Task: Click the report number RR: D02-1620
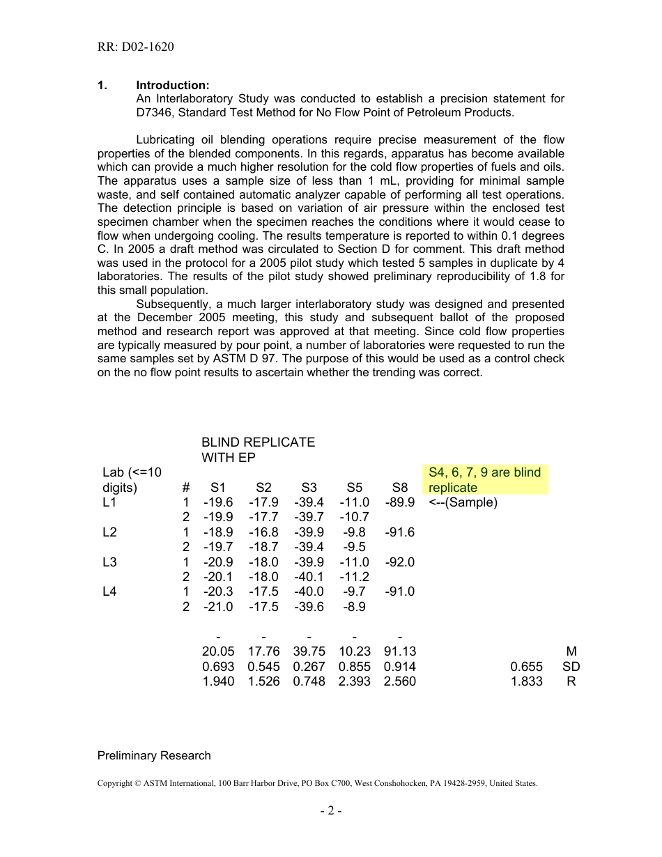pos(136,47)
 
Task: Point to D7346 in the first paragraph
pos(157,112)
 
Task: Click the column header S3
pos(309,488)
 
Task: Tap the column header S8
pos(399,488)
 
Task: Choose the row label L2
pos(109,532)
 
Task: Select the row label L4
pos(109,592)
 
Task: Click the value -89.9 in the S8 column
pos(399,502)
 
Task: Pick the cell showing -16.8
pos(263,532)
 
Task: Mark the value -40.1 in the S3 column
pos(309,577)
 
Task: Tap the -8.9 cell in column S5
pos(354,607)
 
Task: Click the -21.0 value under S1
pos(218,607)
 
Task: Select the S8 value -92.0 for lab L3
pos(399,562)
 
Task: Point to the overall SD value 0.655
pos(526,667)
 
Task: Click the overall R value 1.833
pos(526,681)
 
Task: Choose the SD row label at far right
pos(571,667)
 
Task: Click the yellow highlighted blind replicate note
pos(485,480)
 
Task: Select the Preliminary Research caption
pos(154,755)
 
